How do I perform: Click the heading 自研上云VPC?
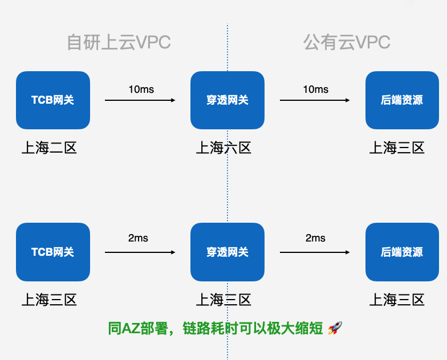coord(119,43)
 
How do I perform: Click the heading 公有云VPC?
coord(347,43)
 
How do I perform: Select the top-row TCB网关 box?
coord(53,100)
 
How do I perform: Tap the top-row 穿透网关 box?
coord(227,100)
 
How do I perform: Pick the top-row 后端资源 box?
coord(402,100)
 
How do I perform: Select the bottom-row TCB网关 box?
coord(53,252)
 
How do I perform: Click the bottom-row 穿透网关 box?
coord(227,252)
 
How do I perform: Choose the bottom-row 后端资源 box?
coord(402,252)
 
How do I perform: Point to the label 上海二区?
coord(49,148)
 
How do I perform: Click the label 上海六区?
coord(223,148)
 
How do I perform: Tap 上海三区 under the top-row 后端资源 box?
coord(397,148)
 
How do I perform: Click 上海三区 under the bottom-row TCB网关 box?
coord(49,300)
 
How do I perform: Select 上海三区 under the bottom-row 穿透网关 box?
coord(223,300)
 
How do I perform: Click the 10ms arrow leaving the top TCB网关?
coord(140,100)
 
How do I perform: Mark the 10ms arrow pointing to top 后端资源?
coord(315,100)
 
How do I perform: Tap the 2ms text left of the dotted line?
coord(138,238)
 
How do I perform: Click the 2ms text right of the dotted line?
coord(315,238)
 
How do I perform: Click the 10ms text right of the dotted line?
coord(315,89)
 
